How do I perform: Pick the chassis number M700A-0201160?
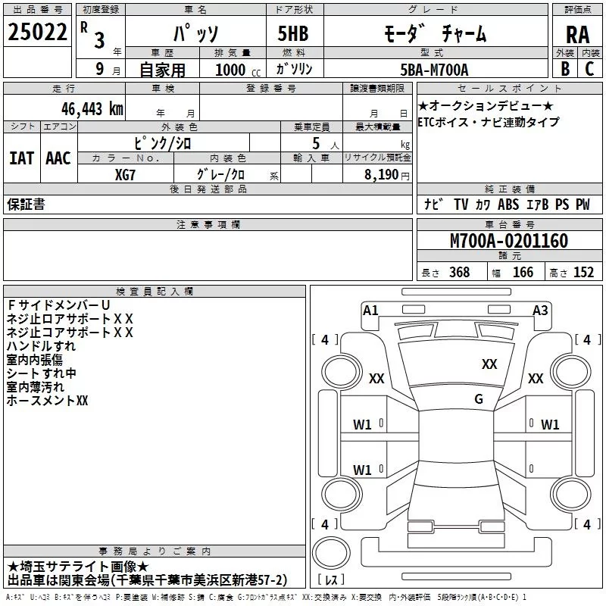[509, 241]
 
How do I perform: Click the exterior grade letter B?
[564, 69]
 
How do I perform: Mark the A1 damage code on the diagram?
[370, 310]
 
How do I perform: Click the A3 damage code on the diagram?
[540, 310]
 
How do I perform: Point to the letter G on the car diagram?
[479, 399]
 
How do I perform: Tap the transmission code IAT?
[21, 158]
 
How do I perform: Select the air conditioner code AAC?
[58, 158]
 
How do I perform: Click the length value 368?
[459, 273]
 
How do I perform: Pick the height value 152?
[583, 273]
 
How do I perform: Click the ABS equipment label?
[509, 205]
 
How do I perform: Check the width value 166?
[523, 273]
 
